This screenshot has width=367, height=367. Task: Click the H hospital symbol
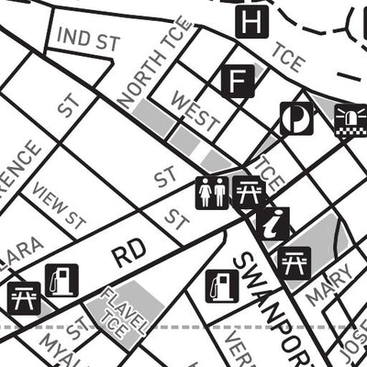(251, 21)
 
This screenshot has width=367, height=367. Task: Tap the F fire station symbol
(238, 81)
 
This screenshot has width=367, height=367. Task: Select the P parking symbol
(296, 118)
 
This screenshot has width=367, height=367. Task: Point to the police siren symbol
(350, 118)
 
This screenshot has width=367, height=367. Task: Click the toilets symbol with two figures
(212, 193)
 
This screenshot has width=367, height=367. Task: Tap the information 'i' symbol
(273, 223)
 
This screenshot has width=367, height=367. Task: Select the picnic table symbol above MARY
(295, 262)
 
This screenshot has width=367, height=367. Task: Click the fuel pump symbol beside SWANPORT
(222, 286)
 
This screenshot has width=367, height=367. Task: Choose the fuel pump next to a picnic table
(61, 280)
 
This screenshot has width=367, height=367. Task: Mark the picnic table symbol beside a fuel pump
(22, 297)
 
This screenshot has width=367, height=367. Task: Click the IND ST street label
(89, 39)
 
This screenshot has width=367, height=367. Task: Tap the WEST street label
(195, 111)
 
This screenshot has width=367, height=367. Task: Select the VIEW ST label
(60, 206)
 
